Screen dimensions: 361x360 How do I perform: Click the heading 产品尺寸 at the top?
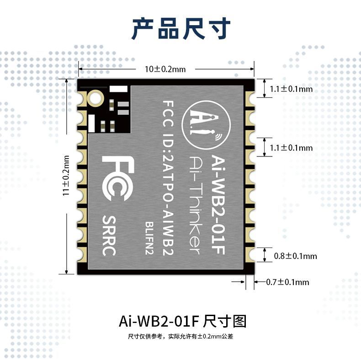[181, 29]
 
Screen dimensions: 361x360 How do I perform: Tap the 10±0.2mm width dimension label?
[165, 69]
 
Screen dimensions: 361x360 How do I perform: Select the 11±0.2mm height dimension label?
[66, 176]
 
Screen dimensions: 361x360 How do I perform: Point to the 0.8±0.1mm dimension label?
[295, 256]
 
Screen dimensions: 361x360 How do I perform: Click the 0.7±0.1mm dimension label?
[287, 282]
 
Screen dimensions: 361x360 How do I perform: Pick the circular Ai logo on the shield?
[206, 125]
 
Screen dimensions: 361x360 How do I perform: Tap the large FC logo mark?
[118, 178]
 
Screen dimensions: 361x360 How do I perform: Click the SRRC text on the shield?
[109, 236]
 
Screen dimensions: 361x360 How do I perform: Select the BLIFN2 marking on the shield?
[149, 238]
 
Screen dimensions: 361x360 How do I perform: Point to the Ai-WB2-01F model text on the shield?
[218, 204]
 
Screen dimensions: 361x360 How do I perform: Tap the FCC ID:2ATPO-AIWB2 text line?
[168, 178]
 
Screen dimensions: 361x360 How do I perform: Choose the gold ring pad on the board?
[95, 98]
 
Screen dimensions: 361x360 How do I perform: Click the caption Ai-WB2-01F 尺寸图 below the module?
[183, 321]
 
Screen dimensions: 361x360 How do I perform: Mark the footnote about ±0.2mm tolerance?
[180, 337]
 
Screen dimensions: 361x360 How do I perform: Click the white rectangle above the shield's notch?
[118, 89]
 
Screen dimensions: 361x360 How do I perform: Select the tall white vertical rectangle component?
[91, 124]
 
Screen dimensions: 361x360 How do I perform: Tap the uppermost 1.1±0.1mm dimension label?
[291, 89]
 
